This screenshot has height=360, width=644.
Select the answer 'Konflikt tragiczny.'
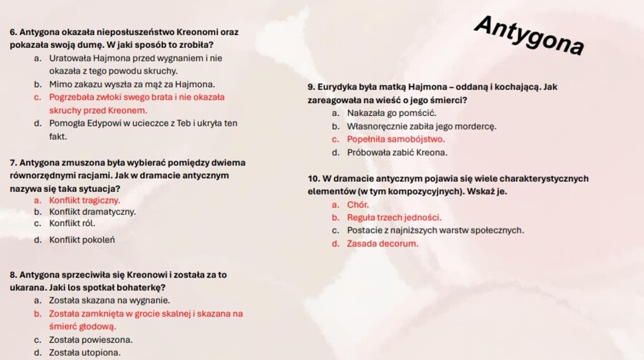[84, 200]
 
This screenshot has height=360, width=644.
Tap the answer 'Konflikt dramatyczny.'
[92, 212]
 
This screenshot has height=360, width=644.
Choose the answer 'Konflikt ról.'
[72, 223]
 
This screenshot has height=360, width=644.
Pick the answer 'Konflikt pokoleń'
[82, 240]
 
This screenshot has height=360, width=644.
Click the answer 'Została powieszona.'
[90, 340]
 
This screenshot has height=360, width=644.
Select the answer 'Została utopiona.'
[84, 353]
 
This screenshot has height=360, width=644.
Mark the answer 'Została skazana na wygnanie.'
[109, 301]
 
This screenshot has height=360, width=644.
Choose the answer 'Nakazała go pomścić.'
[391, 113]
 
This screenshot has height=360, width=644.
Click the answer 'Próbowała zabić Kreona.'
[397, 152]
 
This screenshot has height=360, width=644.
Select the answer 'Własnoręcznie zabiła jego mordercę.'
[421, 127]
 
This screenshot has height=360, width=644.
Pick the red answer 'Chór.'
[358, 205]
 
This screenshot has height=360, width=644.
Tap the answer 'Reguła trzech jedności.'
[394, 218]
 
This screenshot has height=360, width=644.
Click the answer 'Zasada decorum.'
[382, 244]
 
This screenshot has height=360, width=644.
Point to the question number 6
[13, 32]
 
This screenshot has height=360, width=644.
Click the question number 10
[313, 178]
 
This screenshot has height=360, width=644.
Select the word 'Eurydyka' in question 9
[339, 87]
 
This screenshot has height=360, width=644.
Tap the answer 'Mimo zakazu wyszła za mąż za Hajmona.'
[132, 84]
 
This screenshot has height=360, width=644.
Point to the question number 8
[13, 275]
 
